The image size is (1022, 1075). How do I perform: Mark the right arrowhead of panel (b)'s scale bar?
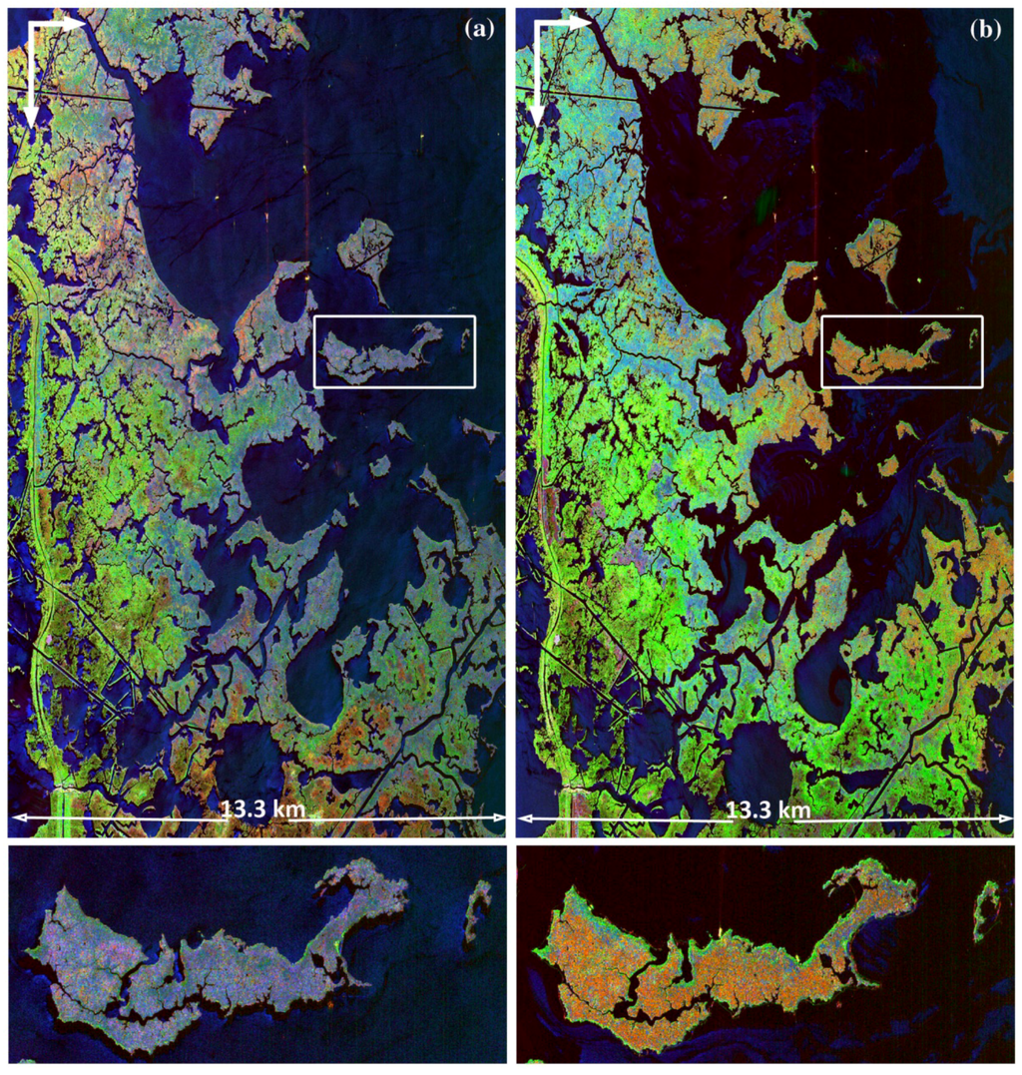pos(1007,818)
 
